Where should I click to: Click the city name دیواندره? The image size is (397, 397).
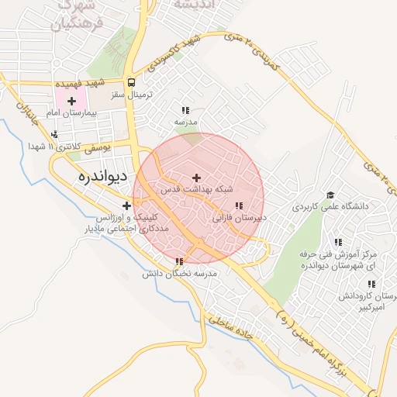point(102,177)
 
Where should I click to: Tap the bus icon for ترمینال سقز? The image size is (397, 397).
point(131,81)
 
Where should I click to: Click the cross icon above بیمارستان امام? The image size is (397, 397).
point(72,101)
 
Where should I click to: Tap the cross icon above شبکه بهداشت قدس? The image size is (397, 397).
point(196,178)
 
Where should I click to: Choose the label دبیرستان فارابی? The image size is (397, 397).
point(240,218)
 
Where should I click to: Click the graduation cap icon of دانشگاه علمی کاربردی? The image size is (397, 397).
point(330,195)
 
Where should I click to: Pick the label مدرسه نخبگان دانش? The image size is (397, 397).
point(180,274)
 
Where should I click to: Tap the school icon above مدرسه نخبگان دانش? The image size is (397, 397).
point(180,262)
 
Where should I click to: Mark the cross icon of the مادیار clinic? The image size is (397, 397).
point(126,205)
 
